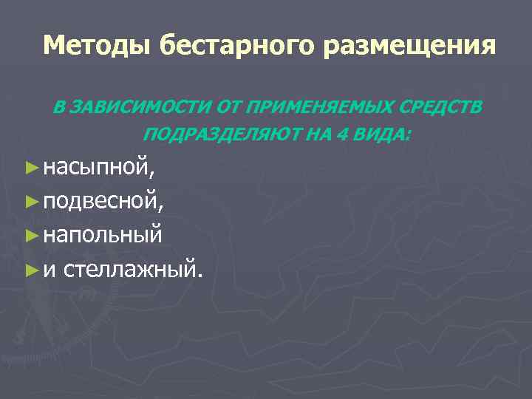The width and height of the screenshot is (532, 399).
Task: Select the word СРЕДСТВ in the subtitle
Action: coord(441,108)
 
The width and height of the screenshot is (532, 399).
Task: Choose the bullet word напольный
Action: coord(102,235)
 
